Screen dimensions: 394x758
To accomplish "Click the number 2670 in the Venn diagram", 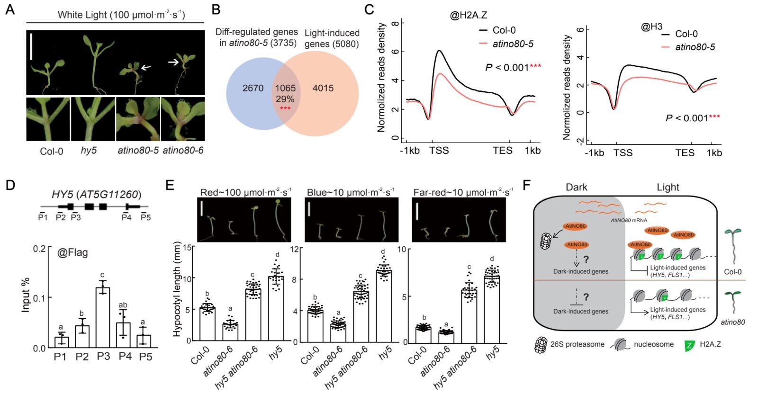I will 253,88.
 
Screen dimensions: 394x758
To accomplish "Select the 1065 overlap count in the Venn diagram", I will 285,88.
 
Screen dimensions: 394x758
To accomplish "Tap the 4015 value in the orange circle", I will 323,88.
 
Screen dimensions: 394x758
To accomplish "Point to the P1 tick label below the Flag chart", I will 60,357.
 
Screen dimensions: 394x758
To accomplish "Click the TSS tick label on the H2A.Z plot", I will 439,151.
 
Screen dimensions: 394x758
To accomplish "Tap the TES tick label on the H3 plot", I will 685,152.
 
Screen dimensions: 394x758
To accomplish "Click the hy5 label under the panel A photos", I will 89,152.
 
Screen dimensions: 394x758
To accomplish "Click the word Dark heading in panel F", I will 576,187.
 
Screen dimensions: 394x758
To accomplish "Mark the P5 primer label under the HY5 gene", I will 145,217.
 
